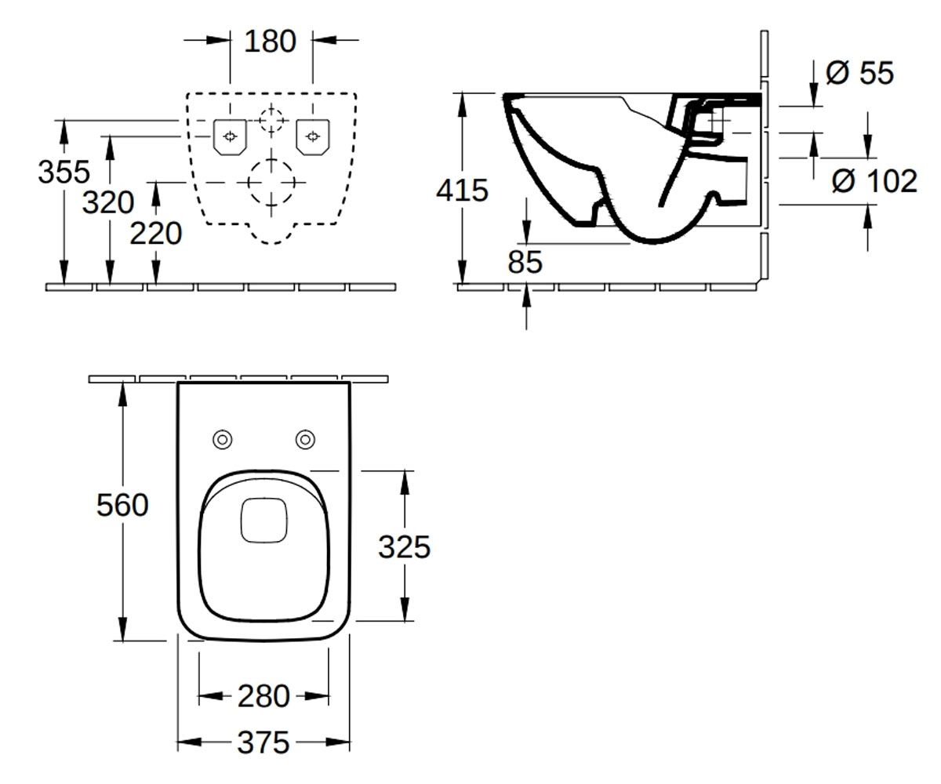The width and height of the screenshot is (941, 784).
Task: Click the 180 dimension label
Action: (270, 42)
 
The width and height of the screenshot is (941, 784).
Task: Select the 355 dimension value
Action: (64, 172)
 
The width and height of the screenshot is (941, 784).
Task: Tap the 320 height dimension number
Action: (108, 202)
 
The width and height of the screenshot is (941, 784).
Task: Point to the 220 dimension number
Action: (156, 234)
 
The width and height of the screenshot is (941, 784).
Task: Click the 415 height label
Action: (463, 191)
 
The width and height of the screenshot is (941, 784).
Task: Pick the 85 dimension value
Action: (525, 262)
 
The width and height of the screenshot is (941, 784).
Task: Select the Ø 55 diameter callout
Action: (859, 73)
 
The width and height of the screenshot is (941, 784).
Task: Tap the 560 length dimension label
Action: (122, 505)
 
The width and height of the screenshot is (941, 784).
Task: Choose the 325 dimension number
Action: (405, 547)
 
